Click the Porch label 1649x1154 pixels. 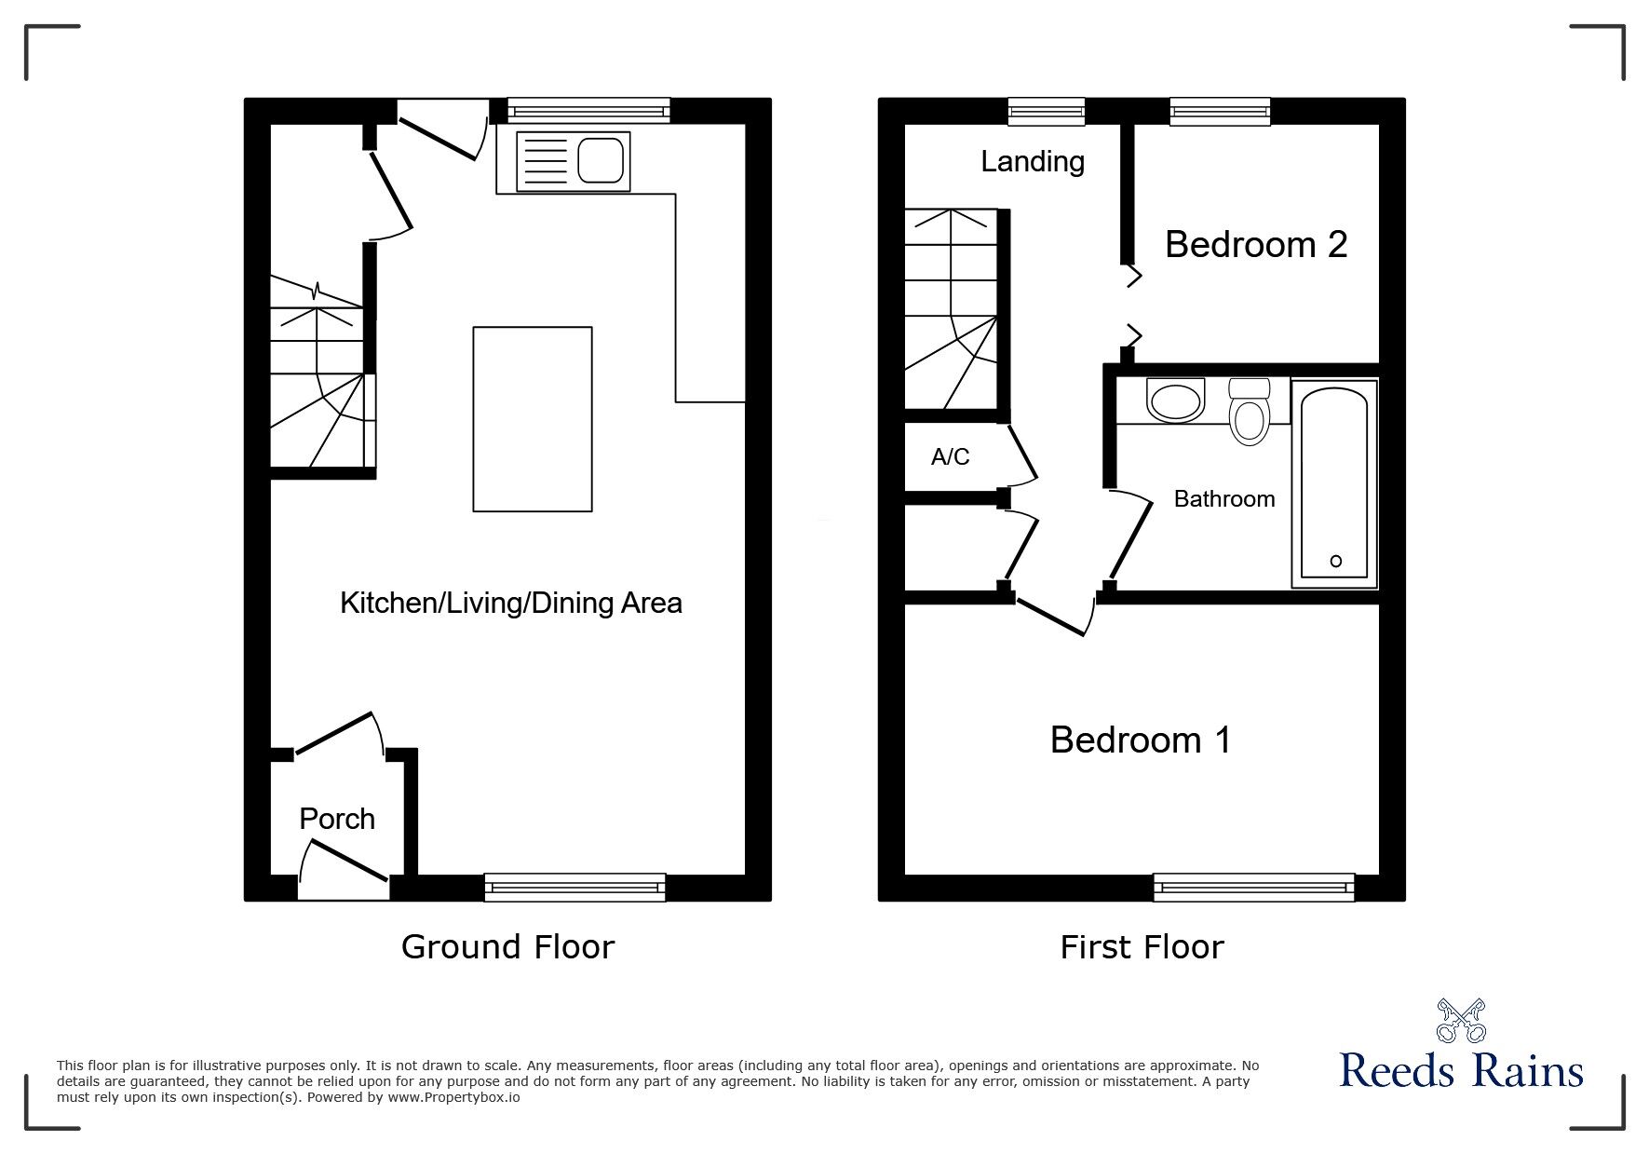pyautogui.click(x=337, y=819)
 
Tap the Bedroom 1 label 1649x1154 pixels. pyautogui.click(x=1141, y=740)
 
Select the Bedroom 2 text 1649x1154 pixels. pyautogui.click(x=1256, y=244)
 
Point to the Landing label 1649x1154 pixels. pyautogui.click(x=1033, y=161)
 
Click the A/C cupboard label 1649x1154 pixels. pyautogui.click(x=950, y=456)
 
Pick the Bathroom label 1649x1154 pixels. pyautogui.click(x=1224, y=499)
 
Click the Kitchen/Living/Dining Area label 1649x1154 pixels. pyautogui.click(x=510, y=603)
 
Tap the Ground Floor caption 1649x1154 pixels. pyautogui.click(x=507, y=946)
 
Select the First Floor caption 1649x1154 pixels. pyautogui.click(x=1142, y=946)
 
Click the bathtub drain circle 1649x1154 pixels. pyautogui.click(x=1336, y=561)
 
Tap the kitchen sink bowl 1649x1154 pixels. pyautogui.click(x=601, y=160)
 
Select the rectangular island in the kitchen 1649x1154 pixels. pyautogui.click(x=533, y=419)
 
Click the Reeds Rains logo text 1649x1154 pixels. pyautogui.click(x=1461, y=1070)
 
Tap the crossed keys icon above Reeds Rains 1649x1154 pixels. pyautogui.click(x=1461, y=1020)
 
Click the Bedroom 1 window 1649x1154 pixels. pyautogui.click(x=1253, y=888)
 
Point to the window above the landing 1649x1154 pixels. pyautogui.click(x=1047, y=112)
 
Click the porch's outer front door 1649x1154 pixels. pyautogui.click(x=343, y=862)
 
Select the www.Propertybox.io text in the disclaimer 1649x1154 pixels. pyautogui.click(x=453, y=1097)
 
